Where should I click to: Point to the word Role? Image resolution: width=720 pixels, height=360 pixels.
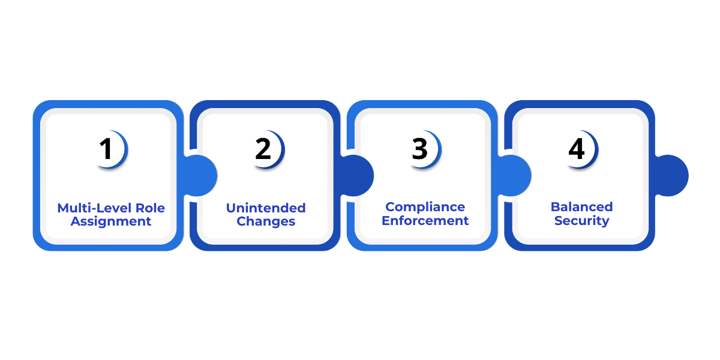point(149,208)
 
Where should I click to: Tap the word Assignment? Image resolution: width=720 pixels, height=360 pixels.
point(111,221)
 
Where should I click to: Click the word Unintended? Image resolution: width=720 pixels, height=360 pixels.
point(266,208)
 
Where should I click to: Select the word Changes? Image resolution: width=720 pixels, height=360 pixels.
point(266,221)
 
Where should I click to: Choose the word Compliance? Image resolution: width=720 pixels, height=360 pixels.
point(425,207)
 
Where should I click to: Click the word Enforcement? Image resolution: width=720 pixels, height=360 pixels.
point(425,221)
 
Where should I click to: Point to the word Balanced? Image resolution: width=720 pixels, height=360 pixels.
point(581,207)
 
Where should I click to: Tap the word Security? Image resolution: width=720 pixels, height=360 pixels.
point(581,221)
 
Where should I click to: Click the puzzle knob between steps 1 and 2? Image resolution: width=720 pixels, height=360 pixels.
point(200,175)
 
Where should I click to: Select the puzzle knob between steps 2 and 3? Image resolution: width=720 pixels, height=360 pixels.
point(358,175)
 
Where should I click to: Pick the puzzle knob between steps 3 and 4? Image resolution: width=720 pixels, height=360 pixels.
point(515,175)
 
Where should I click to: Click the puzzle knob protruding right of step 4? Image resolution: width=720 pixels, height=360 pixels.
point(672,175)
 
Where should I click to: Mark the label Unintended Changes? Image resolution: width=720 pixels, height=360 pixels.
point(266,214)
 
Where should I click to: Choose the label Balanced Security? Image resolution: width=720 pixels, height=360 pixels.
point(581,214)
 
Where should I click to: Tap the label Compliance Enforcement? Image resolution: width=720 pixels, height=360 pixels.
point(425,214)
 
